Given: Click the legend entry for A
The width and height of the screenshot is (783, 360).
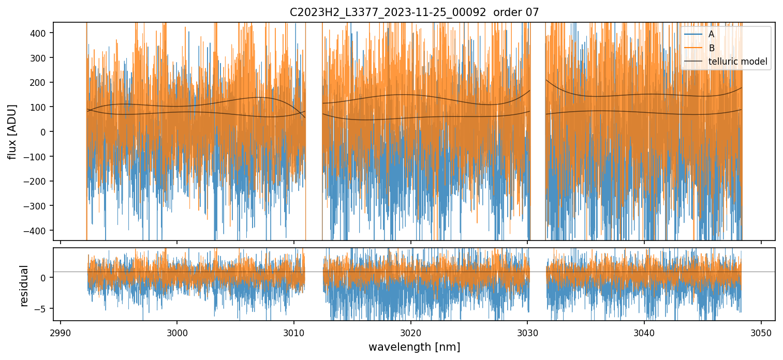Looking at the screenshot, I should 711,35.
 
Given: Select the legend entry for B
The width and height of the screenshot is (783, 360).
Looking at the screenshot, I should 711,48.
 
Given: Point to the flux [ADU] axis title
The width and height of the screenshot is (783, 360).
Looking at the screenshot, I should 11,131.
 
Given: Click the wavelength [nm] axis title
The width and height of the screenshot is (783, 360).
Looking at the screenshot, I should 414,347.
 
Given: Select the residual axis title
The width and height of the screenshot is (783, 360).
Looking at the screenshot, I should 24,286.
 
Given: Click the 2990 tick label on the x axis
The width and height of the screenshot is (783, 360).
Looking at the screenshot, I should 61,332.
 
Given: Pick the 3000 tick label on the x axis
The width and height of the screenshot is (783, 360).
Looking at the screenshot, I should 177,332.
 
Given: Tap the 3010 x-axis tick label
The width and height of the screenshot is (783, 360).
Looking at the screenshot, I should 294,332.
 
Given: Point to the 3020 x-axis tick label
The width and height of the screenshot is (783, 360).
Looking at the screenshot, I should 411,332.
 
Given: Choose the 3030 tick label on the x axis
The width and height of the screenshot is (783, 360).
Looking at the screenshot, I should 527,332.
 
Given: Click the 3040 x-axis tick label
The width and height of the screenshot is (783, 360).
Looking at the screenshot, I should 644,332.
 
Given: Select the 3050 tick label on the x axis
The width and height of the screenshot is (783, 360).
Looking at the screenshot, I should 761,332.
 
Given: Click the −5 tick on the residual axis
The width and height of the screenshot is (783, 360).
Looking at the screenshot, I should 42,308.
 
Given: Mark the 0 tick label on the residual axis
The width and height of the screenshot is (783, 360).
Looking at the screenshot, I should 45,278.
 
